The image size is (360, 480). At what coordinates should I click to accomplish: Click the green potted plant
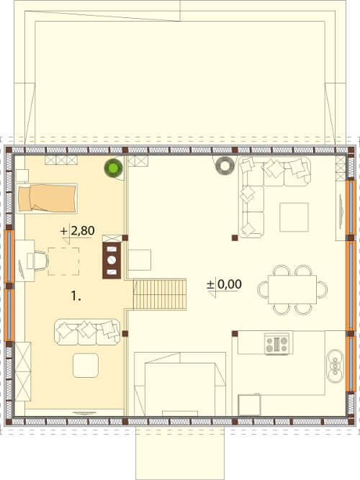click(x=113, y=168)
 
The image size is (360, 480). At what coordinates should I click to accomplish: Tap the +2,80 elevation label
click(x=78, y=231)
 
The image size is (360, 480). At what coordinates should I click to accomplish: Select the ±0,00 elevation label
click(x=225, y=284)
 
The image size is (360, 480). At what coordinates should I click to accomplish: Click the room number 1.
click(x=76, y=296)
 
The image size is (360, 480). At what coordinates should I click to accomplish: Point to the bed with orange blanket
click(x=47, y=198)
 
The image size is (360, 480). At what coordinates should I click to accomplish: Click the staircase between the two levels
click(x=160, y=294)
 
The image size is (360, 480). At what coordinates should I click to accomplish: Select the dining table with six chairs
click(x=292, y=289)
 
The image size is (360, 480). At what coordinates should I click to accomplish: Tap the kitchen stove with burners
click(x=277, y=344)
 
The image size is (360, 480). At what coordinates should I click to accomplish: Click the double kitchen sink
click(x=336, y=366)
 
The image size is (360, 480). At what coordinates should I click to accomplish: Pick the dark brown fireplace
click(x=112, y=261)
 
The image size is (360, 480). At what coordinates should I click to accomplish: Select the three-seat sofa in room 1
click(x=87, y=332)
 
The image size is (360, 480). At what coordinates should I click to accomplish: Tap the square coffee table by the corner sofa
click(x=294, y=217)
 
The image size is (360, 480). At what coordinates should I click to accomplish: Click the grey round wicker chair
click(x=225, y=166)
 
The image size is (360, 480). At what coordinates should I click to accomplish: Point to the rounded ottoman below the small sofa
click(x=86, y=365)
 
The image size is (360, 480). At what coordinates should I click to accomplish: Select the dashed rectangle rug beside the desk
click(x=63, y=261)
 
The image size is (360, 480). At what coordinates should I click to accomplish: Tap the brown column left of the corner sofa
click(x=235, y=237)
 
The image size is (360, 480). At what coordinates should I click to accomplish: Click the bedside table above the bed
click(x=22, y=176)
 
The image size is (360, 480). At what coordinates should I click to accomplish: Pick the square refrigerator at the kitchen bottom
click(x=250, y=404)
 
